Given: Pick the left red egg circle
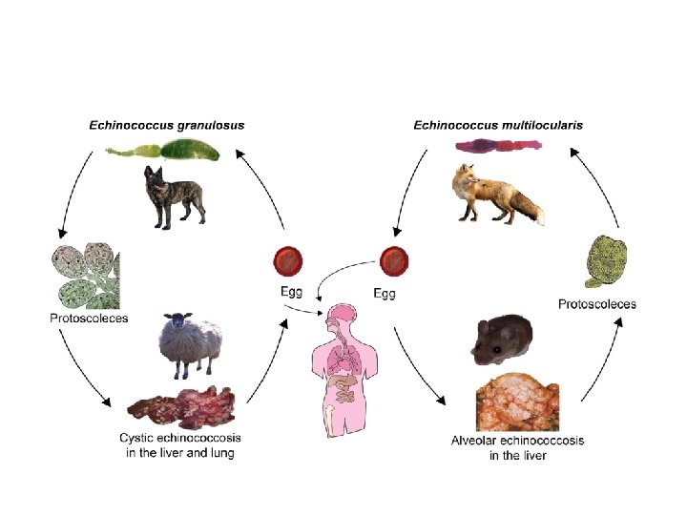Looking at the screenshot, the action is coord(288,260).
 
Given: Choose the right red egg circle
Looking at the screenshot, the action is coord(394,260).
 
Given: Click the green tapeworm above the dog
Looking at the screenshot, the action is coord(166,151).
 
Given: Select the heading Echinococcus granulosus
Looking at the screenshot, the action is coord(166,125).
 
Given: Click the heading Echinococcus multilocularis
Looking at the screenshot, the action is coord(498,125).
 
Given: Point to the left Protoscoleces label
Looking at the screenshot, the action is coord(89,317).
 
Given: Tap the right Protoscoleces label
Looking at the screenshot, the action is coord(596,304).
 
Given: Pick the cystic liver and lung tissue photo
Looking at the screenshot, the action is coord(182,405).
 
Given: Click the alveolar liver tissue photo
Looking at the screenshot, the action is coord(517,402).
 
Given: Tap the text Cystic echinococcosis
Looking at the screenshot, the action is coord(180,439).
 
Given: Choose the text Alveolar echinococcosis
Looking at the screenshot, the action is coord(517,441).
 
